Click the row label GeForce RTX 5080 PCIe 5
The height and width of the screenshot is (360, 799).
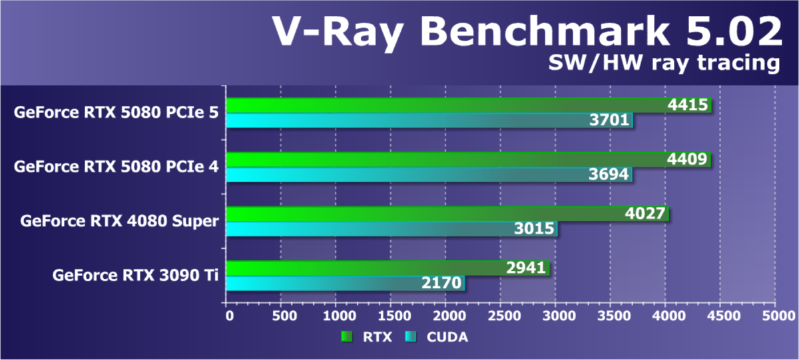116,112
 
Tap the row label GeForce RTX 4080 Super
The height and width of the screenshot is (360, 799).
119,221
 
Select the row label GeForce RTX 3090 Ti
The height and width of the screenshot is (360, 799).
136,275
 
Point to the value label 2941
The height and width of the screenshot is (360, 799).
525,269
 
